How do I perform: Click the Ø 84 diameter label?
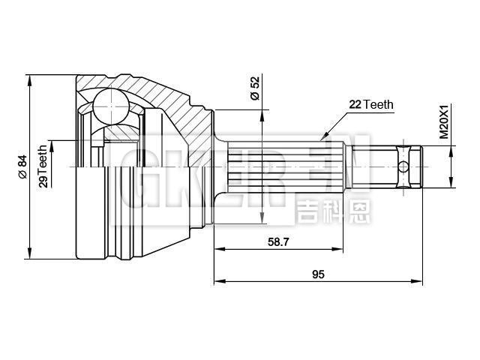[22, 166]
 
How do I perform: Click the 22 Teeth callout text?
[370, 105]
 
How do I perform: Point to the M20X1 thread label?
[443, 121]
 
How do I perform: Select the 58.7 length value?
[279, 241]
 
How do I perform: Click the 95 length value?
[317, 274]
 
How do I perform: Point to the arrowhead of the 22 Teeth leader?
[325, 137]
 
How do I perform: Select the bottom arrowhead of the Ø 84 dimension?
[28, 255]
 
